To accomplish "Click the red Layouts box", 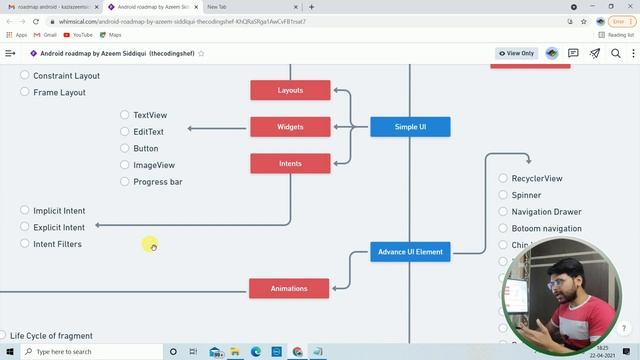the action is pos(290,91).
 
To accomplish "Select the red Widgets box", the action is pos(290,127).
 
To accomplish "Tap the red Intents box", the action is pos(290,163).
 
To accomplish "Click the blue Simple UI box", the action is pos(410,127).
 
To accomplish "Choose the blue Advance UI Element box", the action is pos(410,252).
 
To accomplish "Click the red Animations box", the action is pos(289,289).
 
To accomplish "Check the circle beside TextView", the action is pos(125,115).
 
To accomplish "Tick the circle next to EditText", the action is pos(125,132).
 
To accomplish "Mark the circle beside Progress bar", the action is pos(125,182).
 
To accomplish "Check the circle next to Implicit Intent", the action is pos(25,211).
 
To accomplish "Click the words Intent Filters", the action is pos(57,244).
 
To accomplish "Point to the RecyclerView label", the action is pos(537,179).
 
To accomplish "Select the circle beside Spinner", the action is pos(504,196).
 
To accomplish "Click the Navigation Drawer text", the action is pos(546,212).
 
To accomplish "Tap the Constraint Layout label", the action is pos(66,76).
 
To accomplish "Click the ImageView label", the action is pos(154,165).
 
